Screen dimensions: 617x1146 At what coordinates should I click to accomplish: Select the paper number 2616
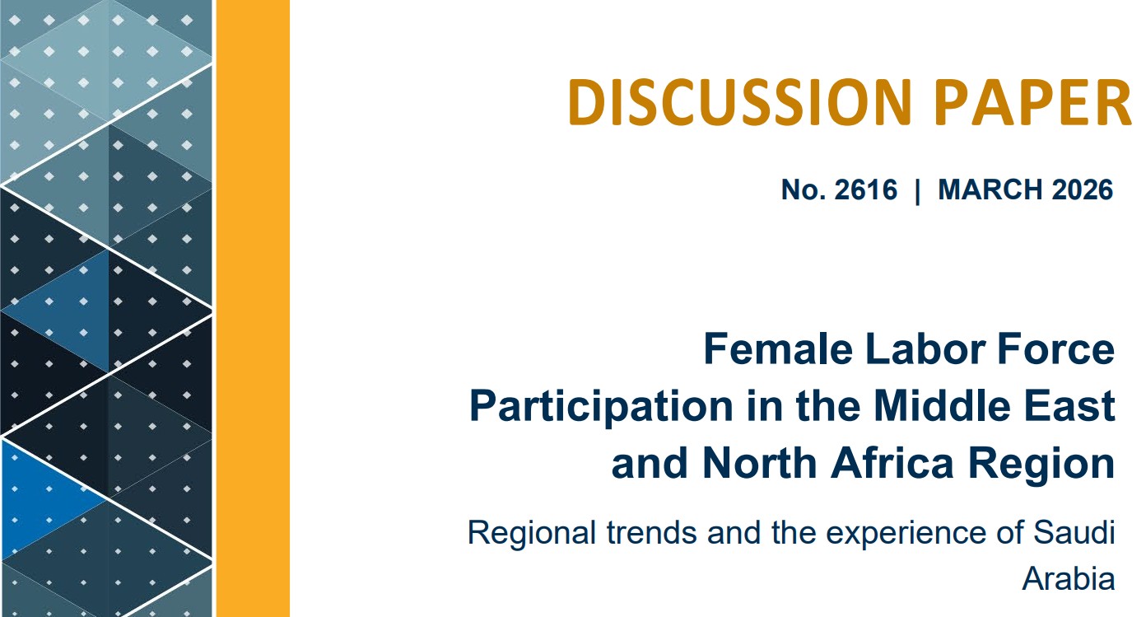pyautogui.click(x=864, y=190)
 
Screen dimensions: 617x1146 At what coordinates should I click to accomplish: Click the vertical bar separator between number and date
pyautogui.click(x=918, y=190)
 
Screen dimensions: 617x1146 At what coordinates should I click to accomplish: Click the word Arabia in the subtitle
pyautogui.click(x=1068, y=579)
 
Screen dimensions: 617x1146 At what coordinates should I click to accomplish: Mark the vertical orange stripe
pyautogui.click(x=252, y=308)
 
